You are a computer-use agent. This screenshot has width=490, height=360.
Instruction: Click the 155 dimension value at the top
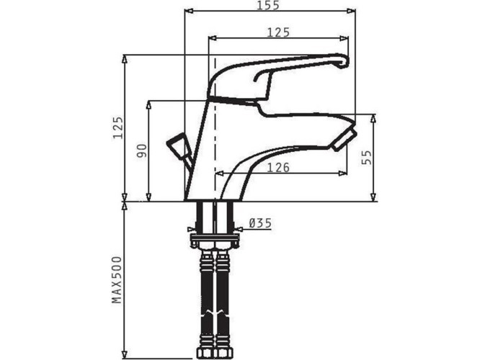click(268, 5)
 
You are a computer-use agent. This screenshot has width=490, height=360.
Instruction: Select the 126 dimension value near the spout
click(278, 168)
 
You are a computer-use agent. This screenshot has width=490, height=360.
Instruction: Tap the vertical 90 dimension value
click(142, 150)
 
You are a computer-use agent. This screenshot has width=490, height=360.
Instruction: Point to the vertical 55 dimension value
click(367, 158)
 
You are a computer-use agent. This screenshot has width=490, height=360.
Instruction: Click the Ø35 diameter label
click(260, 223)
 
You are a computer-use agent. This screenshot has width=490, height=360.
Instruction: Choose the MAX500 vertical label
click(117, 280)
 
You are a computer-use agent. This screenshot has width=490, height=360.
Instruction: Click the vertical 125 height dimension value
click(118, 127)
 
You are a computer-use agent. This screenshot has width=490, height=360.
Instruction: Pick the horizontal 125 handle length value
click(278, 32)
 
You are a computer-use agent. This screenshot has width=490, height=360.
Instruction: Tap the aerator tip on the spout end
click(344, 141)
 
